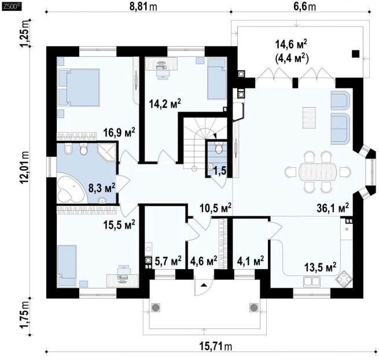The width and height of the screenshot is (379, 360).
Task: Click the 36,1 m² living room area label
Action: click(x=333, y=208)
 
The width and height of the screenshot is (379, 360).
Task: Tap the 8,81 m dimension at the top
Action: click(x=143, y=6)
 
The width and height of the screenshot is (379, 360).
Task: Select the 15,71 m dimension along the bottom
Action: click(x=216, y=347)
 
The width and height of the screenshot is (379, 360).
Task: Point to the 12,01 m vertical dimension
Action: click(x=25, y=167)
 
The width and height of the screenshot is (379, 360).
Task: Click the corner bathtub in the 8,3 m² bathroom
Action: click(x=71, y=187)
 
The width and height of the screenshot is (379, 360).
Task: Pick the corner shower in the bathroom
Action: click(x=107, y=152)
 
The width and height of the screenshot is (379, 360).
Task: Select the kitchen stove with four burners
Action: click(x=344, y=279)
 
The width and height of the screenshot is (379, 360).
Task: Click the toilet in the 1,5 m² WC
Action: click(x=219, y=148)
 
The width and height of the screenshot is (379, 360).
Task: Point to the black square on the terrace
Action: click(x=355, y=54)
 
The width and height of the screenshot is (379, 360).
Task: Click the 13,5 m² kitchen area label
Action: click(x=320, y=267)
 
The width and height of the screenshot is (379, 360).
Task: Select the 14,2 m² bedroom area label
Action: click(x=165, y=104)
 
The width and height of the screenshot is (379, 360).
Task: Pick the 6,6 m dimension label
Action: click(x=305, y=6)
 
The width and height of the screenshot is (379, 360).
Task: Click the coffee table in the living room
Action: click(x=309, y=117)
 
